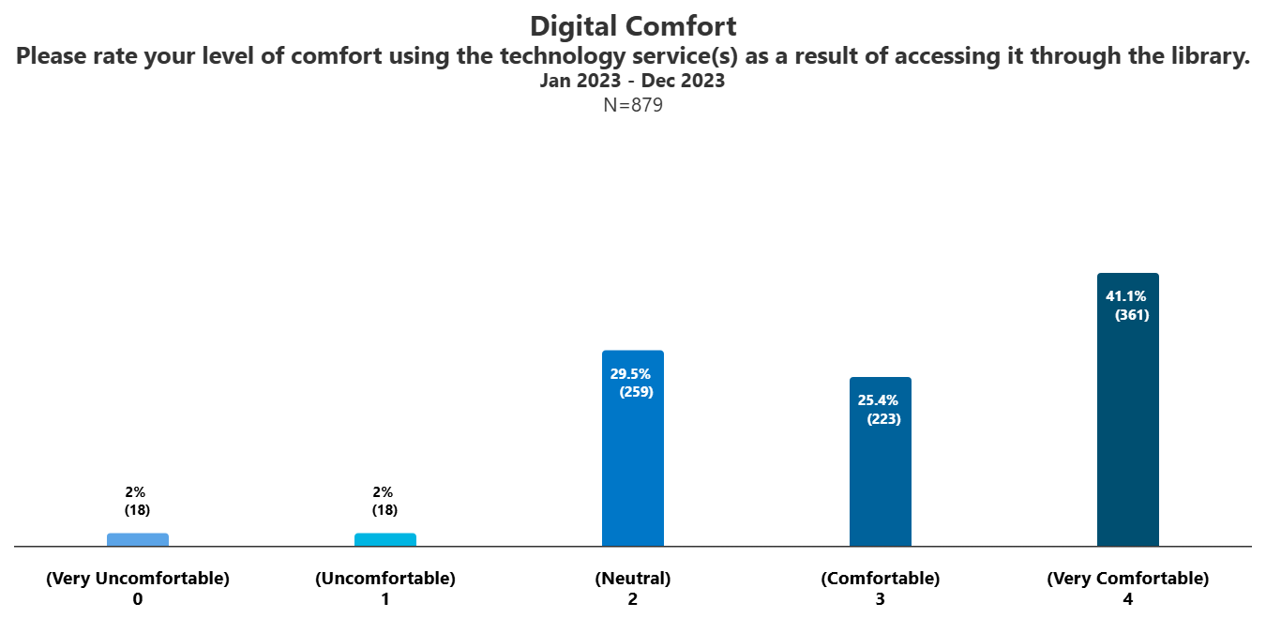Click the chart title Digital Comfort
(633, 25)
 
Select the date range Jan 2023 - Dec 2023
(632, 81)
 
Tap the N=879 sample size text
(633, 105)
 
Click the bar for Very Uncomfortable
(138, 539)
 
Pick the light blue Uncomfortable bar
(385, 539)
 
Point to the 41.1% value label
(1125, 296)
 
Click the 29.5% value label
(630, 373)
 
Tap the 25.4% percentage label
(878, 400)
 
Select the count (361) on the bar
(1132, 315)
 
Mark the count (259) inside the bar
(637, 392)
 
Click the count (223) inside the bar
(884, 419)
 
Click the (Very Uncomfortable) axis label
(138, 579)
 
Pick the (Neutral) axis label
(633, 579)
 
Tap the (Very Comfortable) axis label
(1128, 579)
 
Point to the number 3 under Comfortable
(881, 599)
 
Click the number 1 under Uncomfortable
(385, 599)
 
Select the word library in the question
(1213, 56)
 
